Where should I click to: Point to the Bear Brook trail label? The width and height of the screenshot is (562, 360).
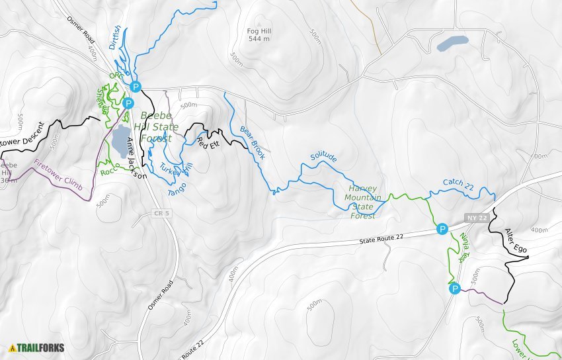[x=253, y=142]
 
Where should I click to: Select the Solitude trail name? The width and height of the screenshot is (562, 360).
[x=323, y=158]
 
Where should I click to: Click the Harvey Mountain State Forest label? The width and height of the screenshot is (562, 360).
[x=362, y=202]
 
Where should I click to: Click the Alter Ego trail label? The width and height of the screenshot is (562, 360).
[x=516, y=240]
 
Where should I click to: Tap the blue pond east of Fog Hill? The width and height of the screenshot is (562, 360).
[x=452, y=44]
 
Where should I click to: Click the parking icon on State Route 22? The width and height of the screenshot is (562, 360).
[x=442, y=229]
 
